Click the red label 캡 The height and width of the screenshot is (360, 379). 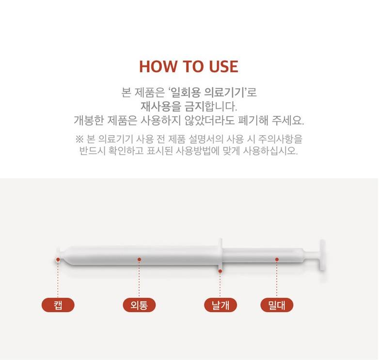coord(58,305)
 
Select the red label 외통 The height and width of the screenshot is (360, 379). coord(139,305)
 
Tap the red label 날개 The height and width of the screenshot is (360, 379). coord(221,305)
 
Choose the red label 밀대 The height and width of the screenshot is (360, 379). coord(277,305)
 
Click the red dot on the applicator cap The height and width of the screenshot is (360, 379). coord(58,260)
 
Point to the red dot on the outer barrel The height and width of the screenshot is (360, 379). coord(139,260)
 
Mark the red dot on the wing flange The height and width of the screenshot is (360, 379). coord(220,271)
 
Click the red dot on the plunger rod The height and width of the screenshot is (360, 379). coord(277,260)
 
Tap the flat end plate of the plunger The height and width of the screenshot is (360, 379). coord(322,255)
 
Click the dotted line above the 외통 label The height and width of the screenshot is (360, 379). coord(139,279)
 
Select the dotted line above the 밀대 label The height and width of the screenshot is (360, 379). coord(277,279)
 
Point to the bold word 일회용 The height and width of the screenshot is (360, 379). coord(186,92)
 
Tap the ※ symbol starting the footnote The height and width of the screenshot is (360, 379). coord(79,139)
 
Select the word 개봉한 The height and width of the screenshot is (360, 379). coord(89,120)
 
